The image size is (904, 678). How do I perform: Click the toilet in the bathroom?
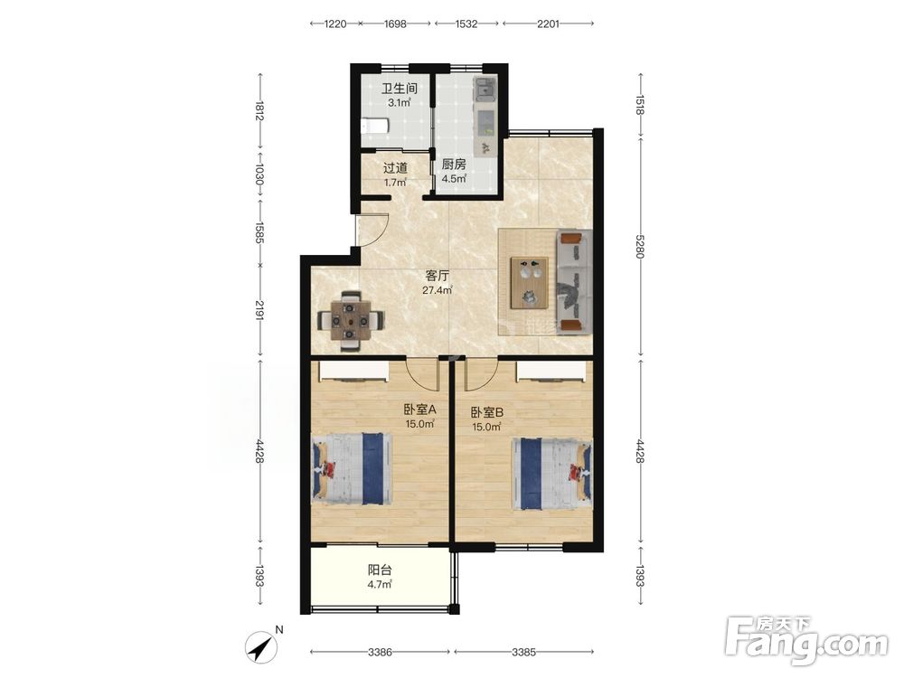[x=374, y=127]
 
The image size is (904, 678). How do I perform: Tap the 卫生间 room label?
[x=399, y=89]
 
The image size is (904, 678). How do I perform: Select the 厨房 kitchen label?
[x=454, y=165]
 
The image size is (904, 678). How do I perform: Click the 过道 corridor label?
[x=396, y=168]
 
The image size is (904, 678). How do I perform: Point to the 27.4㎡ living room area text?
[x=437, y=290]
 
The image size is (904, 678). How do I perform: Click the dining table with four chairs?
[x=351, y=321]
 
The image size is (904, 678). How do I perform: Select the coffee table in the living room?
[x=529, y=282]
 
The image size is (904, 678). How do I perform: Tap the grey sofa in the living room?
[x=574, y=281]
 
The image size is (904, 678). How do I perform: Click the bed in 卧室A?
[x=352, y=469]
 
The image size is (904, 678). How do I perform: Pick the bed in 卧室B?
[x=552, y=474]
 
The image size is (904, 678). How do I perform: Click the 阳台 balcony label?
[x=380, y=570]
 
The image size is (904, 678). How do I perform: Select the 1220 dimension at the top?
[x=335, y=24]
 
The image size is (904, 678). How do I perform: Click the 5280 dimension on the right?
[x=639, y=246]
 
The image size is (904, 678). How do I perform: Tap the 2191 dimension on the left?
[x=260, y=311]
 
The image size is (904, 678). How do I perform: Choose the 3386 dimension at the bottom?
[x=380, y=652]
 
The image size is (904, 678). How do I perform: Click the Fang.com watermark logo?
[x=806, y=639]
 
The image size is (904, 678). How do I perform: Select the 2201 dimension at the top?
[x=548, y=24]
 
